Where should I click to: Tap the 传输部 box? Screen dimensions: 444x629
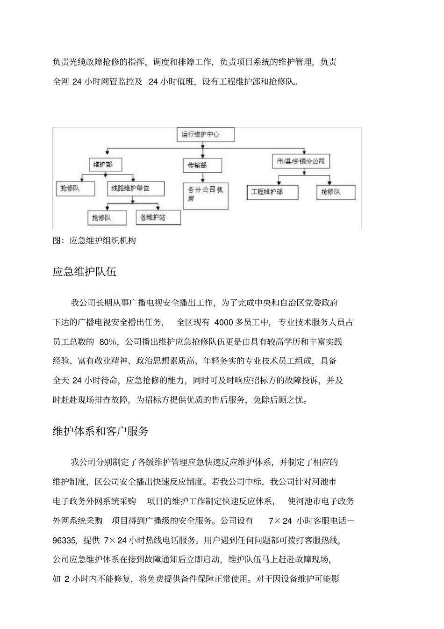pyautogui.click(x=202, y=166)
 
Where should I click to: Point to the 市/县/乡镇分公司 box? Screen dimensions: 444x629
pyautogui.click(x=301, y=162)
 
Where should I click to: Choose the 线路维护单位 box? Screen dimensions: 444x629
pyautogui.click(x=136, y=189)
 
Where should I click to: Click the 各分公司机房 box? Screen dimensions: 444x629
pyautogui.click(x=206, y=195)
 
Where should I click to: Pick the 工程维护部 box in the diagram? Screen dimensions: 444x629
pyautogui.click(x=272, y=192)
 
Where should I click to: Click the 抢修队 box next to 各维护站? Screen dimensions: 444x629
pyautogui.click(x=107, y=218)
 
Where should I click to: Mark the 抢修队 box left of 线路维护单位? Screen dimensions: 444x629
pyautogui.click(x=75, y=189)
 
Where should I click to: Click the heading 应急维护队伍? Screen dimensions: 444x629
pyautogui.click(x=85, y=272)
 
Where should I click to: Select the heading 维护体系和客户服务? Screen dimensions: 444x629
pyautogui.click(x=100, y=431)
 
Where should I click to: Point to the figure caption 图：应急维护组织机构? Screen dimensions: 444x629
pyautogui.click(x=94, y=241)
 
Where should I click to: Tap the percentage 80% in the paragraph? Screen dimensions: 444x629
pyautogui.click(x=107, y=342)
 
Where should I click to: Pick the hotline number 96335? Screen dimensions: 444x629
pyautogui.click(x=64, y=541)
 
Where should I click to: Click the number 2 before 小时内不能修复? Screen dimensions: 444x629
pyautogui.click(x=67, y=579)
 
